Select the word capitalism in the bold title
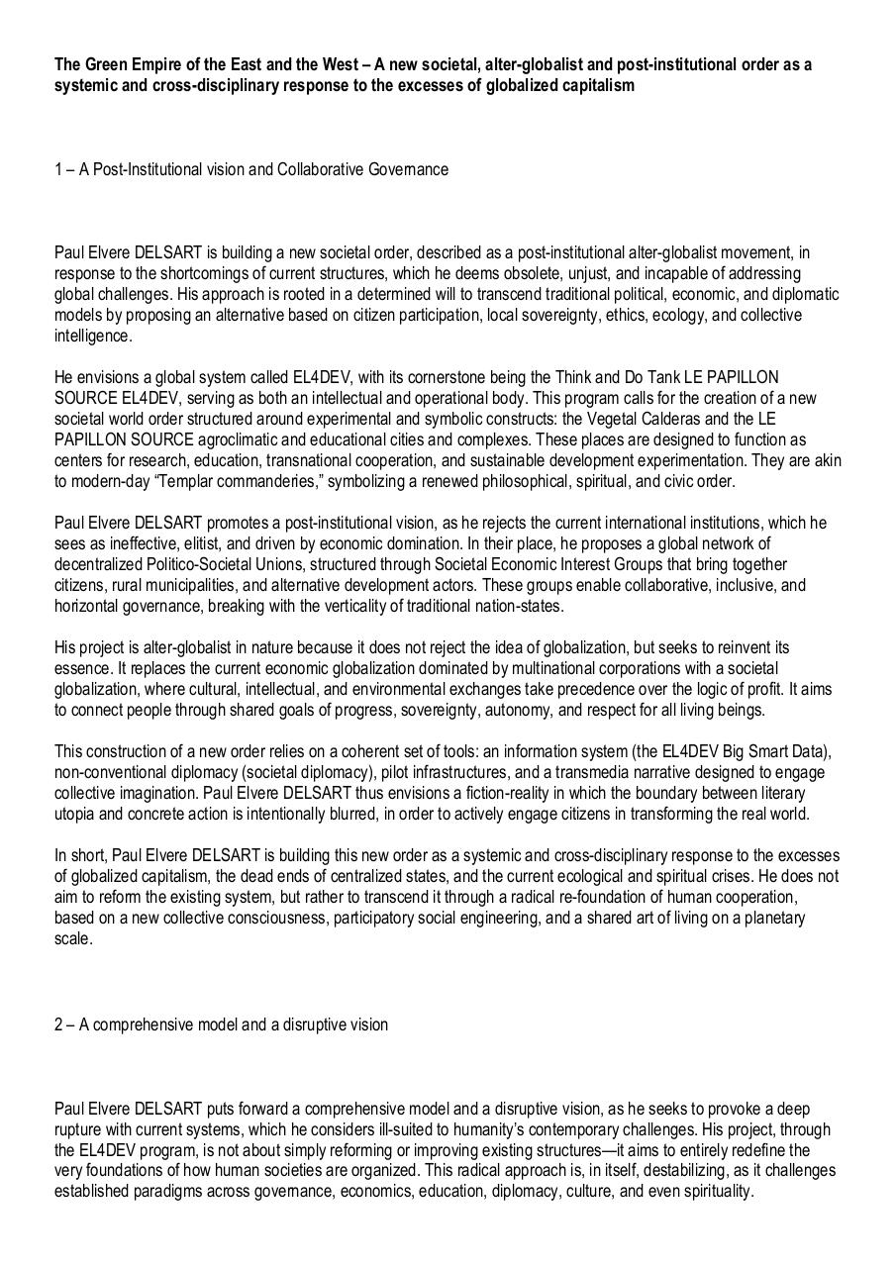pyautogui.click(x=596, y=85)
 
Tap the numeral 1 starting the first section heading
pyautogui.click(x=58, y=169)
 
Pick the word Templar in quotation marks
pyautogui.click(x=189, y=481)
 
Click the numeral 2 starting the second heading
pyautogui.click(x=58, y=1024)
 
